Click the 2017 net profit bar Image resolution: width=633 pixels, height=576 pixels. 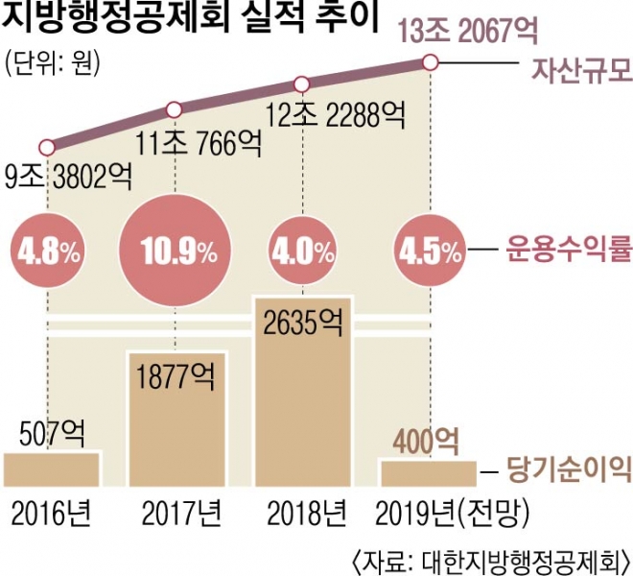(176, 422)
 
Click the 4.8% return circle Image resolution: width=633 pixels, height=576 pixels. (46, 252)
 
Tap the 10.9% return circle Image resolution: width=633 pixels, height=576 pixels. (176, 252)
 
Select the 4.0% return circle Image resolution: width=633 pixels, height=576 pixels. (303, 252)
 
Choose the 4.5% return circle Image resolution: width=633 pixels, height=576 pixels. (429, 252)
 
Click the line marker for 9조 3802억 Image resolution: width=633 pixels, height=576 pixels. (46, 148)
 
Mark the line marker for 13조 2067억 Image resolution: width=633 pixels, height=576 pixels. (430, 63)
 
